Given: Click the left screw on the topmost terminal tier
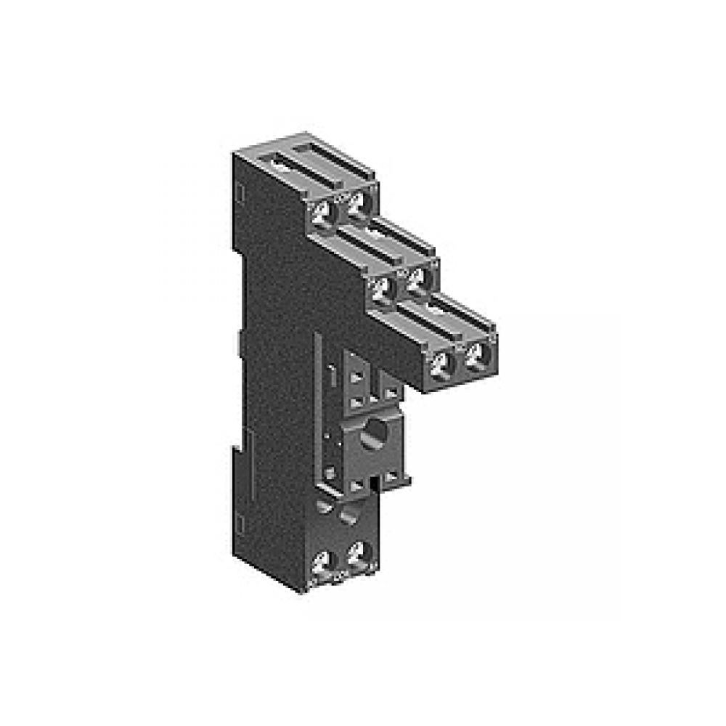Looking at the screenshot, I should click(x=322, y=212).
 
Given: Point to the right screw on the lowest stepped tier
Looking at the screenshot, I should click(x=476, y=355).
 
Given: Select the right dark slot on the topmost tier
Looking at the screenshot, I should click(x=319, y=150).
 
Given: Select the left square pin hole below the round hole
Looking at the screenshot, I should click(x=356, y=486).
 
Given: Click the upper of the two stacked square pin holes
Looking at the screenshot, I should click(x=356, y=378).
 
